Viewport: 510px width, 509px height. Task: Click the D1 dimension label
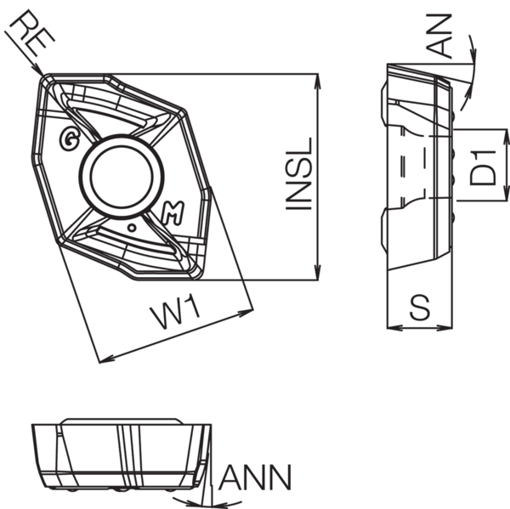(484, 166)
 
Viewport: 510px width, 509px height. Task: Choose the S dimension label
(418, 308)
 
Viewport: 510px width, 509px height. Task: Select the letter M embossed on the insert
(170, 214)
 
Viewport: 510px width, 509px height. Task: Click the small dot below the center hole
(131, 229)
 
